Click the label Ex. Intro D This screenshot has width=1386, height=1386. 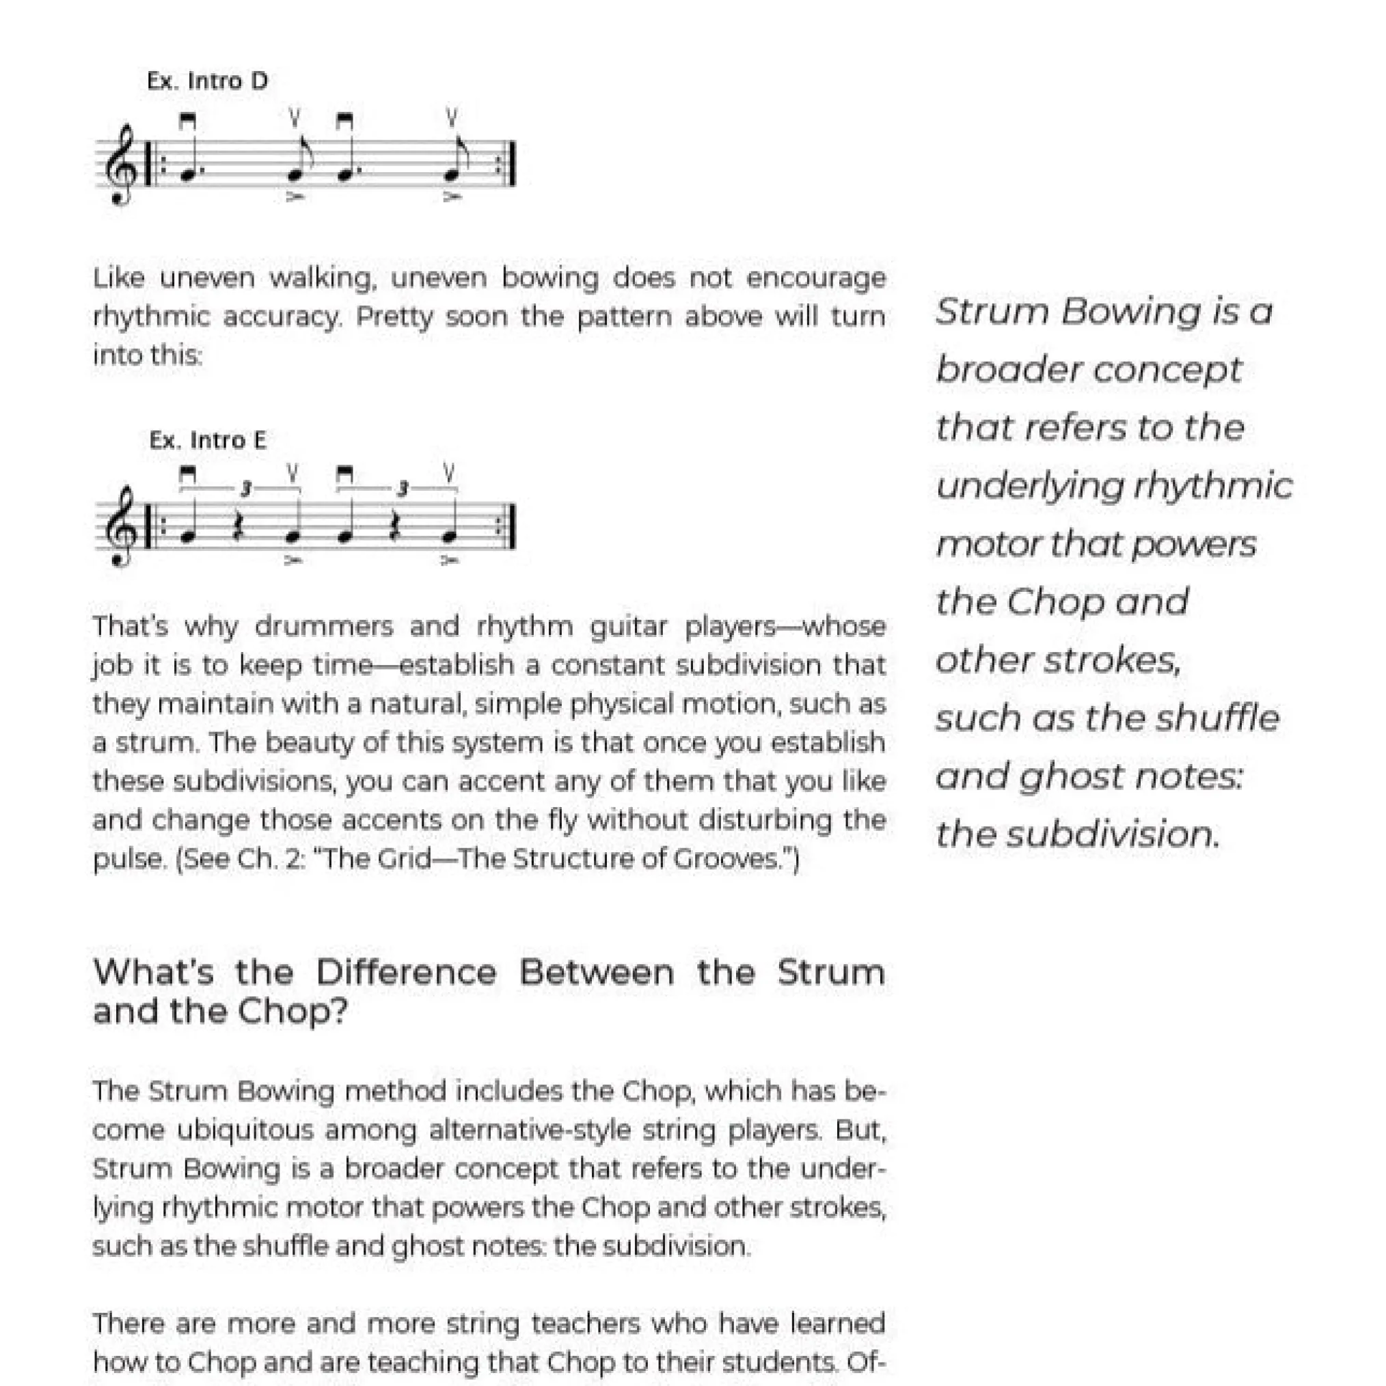pyautogui.click(x=207, y=81)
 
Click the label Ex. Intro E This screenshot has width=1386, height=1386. pyautogui.click(x=207, y=439)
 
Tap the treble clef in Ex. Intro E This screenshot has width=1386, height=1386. pyautogui.click(x=120, y=526)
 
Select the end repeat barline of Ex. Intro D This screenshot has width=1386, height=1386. pyautogui.click(x=511, y=165)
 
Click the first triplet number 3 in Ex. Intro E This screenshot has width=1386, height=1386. pyautogui.click(x=245, y=489)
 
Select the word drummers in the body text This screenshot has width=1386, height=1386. pyautogui.click(x=323, y=627)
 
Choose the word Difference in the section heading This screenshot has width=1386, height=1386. pyautogui.click(x=406, y=973)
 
